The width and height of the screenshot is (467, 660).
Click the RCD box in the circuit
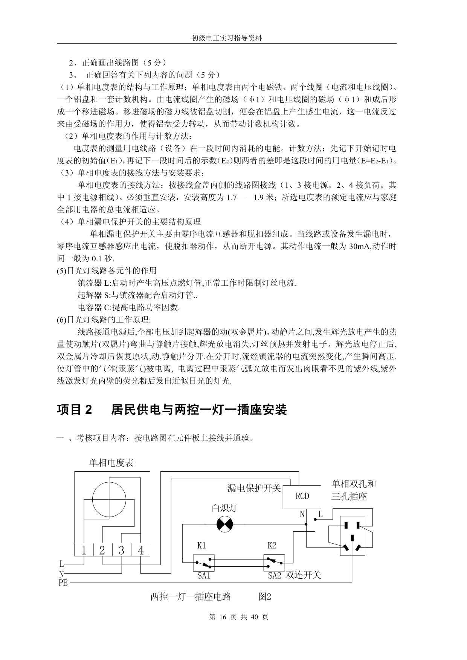tap(302, 496)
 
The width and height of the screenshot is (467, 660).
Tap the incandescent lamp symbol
tap(225, 524)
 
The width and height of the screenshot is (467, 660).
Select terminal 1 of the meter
tap(84, 551)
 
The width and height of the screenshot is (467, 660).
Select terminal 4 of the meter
tap(141, 551)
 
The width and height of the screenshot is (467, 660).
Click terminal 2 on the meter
tap(102, 551)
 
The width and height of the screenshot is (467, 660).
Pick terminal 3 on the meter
tap(121, 551)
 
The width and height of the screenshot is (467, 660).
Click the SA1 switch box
tap(204, 563)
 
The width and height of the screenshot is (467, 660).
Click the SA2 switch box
tap(274, 563)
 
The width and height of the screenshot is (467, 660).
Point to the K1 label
tap(201, 546)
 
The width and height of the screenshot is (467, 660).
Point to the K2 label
tap(272, 546)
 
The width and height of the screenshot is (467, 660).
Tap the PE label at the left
tap(63, 583)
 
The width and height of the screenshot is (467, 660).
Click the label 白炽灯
tap(224, 508)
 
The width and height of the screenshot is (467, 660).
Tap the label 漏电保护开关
tap(254, 488)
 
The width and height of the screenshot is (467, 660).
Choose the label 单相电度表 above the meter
tap(111, 463)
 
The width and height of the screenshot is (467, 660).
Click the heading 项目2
tap(74, 410)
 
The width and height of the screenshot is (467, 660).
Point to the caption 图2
tap(265, 597)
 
